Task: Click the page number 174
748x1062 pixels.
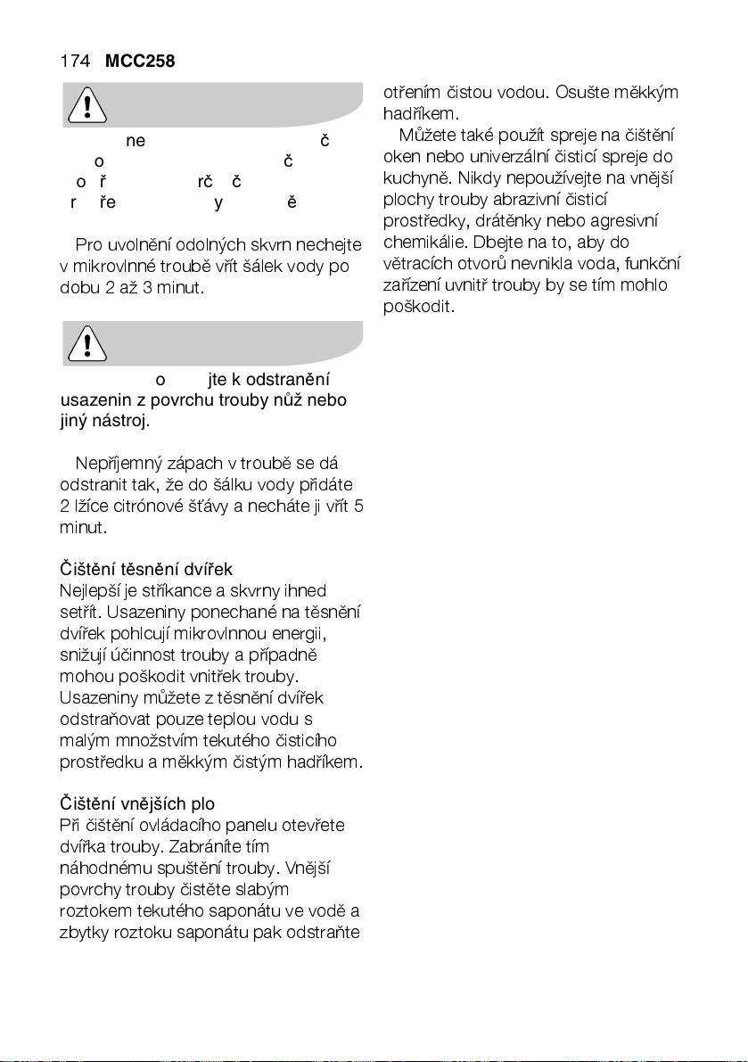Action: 75,62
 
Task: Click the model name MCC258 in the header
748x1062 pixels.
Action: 139,62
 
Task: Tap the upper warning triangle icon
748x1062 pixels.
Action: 86,106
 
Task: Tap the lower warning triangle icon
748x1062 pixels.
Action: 86,342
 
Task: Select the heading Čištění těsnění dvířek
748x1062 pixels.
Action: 145,569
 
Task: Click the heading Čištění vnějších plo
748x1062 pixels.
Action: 136,803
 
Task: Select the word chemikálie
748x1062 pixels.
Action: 419,243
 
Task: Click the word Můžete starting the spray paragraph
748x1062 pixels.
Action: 428,136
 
